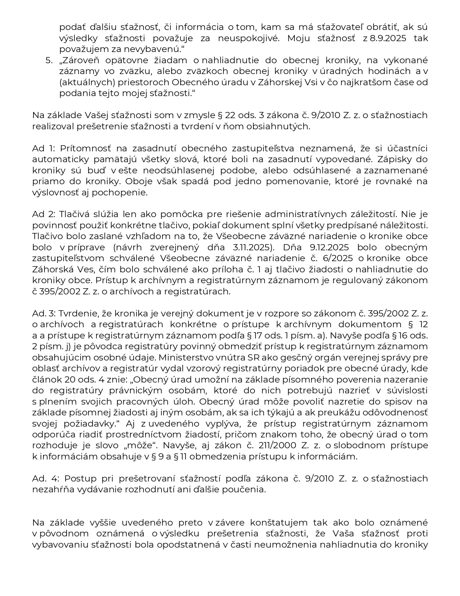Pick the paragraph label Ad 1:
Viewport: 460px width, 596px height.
tap(43, 148)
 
